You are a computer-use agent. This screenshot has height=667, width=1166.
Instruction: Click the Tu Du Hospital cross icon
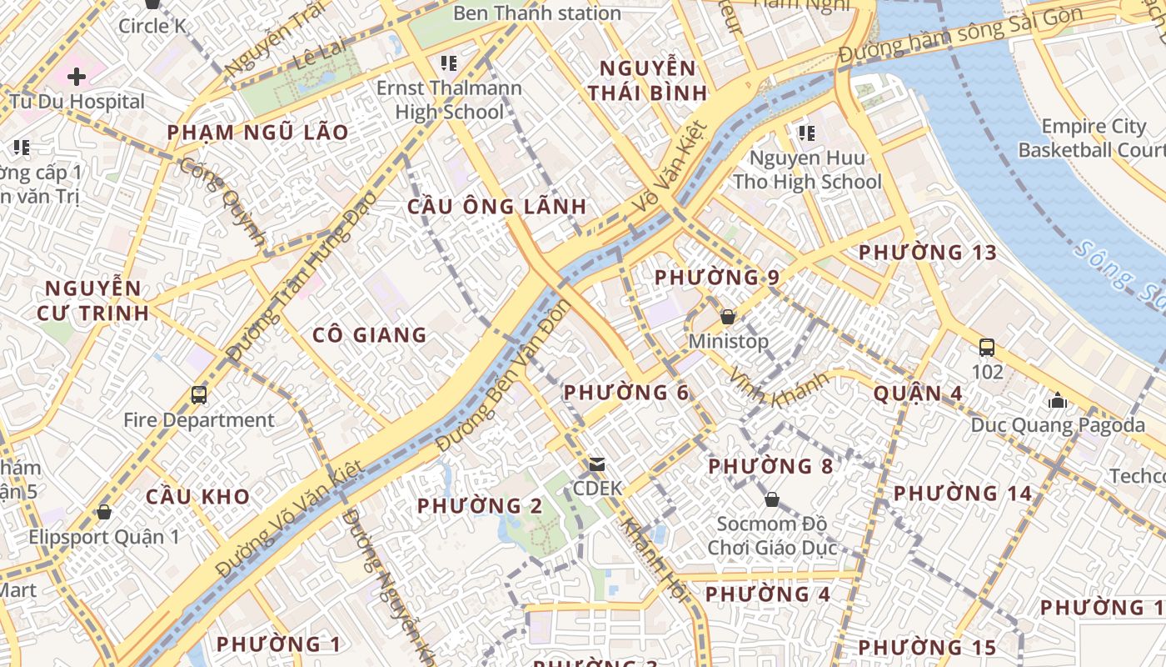click(x=77, y=77)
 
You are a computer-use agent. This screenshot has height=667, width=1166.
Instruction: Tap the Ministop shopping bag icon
click(x=728, y=317)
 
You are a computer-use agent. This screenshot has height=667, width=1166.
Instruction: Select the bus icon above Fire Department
click(x=199, y=394)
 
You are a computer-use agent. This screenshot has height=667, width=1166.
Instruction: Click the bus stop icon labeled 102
click(x=987, y=347)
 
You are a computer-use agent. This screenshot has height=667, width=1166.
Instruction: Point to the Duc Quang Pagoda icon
click(x=1058, y=401)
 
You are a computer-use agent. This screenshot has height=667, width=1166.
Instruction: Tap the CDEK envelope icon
click(x=597, y=464)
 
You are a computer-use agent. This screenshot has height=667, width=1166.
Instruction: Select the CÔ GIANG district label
click(x=369, y=335)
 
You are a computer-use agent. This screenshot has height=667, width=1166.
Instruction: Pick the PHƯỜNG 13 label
click(x=927, y=252)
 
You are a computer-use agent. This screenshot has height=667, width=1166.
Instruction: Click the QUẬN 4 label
click(x=918, y=394)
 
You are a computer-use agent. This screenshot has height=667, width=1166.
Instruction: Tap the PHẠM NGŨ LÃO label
click(x=257, y=133)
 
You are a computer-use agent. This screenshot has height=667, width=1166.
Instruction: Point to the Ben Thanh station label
click(x=537, y=13)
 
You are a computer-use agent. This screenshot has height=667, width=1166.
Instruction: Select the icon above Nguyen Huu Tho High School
click(x=805, y=133)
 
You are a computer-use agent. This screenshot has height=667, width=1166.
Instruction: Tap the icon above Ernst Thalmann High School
click(x=449, y=63)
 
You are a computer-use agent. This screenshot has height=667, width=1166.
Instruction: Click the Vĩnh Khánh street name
click(x=779, y=388)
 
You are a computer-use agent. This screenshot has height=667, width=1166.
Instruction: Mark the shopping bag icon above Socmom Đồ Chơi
click(x=772, y=499)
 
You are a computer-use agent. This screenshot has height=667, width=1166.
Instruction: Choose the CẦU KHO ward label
click(x=197, y=497)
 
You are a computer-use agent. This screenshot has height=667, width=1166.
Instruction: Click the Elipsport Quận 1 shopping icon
click(x=104, y=511)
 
